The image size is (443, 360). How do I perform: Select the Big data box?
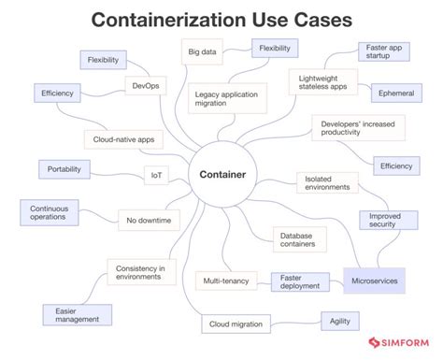pos(202,52)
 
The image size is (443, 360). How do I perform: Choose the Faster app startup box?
pos(385,51)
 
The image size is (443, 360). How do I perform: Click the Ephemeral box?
pos(397,94)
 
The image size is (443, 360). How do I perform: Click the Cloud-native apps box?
pos(124,139)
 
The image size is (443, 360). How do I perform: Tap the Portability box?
pos(64,169)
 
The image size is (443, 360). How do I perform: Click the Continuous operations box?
pos(48,212)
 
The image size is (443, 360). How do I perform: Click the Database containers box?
pos(300,239)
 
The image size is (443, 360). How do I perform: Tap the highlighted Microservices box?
pos(374,280)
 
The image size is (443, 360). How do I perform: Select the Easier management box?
pos(77,314)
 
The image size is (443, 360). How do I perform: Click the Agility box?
pos(339,320)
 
